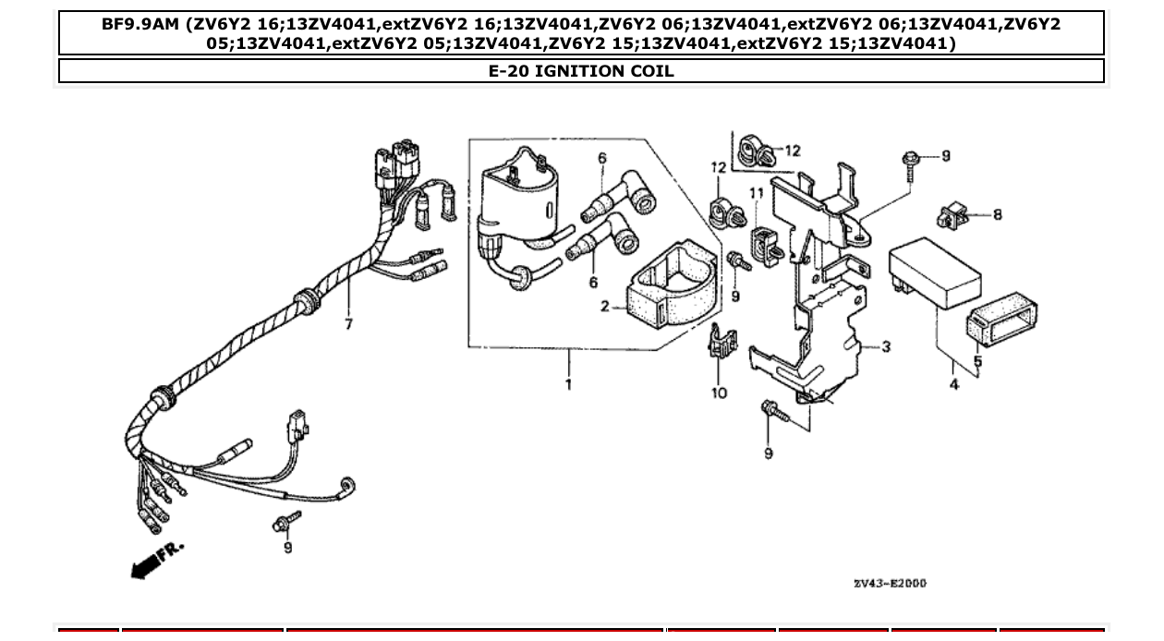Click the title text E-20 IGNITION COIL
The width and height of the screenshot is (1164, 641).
581,71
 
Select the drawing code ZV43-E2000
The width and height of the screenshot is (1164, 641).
890,584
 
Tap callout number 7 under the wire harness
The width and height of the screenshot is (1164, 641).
348,324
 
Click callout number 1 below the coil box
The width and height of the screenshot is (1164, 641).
568,383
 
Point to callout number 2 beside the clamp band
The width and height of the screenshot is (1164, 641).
605,307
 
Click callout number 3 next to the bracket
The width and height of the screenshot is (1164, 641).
886,347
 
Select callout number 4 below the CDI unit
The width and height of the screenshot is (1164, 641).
954,383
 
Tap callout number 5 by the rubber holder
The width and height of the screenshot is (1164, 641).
977,361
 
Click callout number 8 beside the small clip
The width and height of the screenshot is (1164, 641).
997,214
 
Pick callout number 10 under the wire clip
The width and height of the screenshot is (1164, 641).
720,393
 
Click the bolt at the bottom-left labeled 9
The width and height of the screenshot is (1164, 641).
285,522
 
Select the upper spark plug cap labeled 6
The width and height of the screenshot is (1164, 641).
616,196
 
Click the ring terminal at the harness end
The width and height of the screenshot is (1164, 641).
348,487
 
